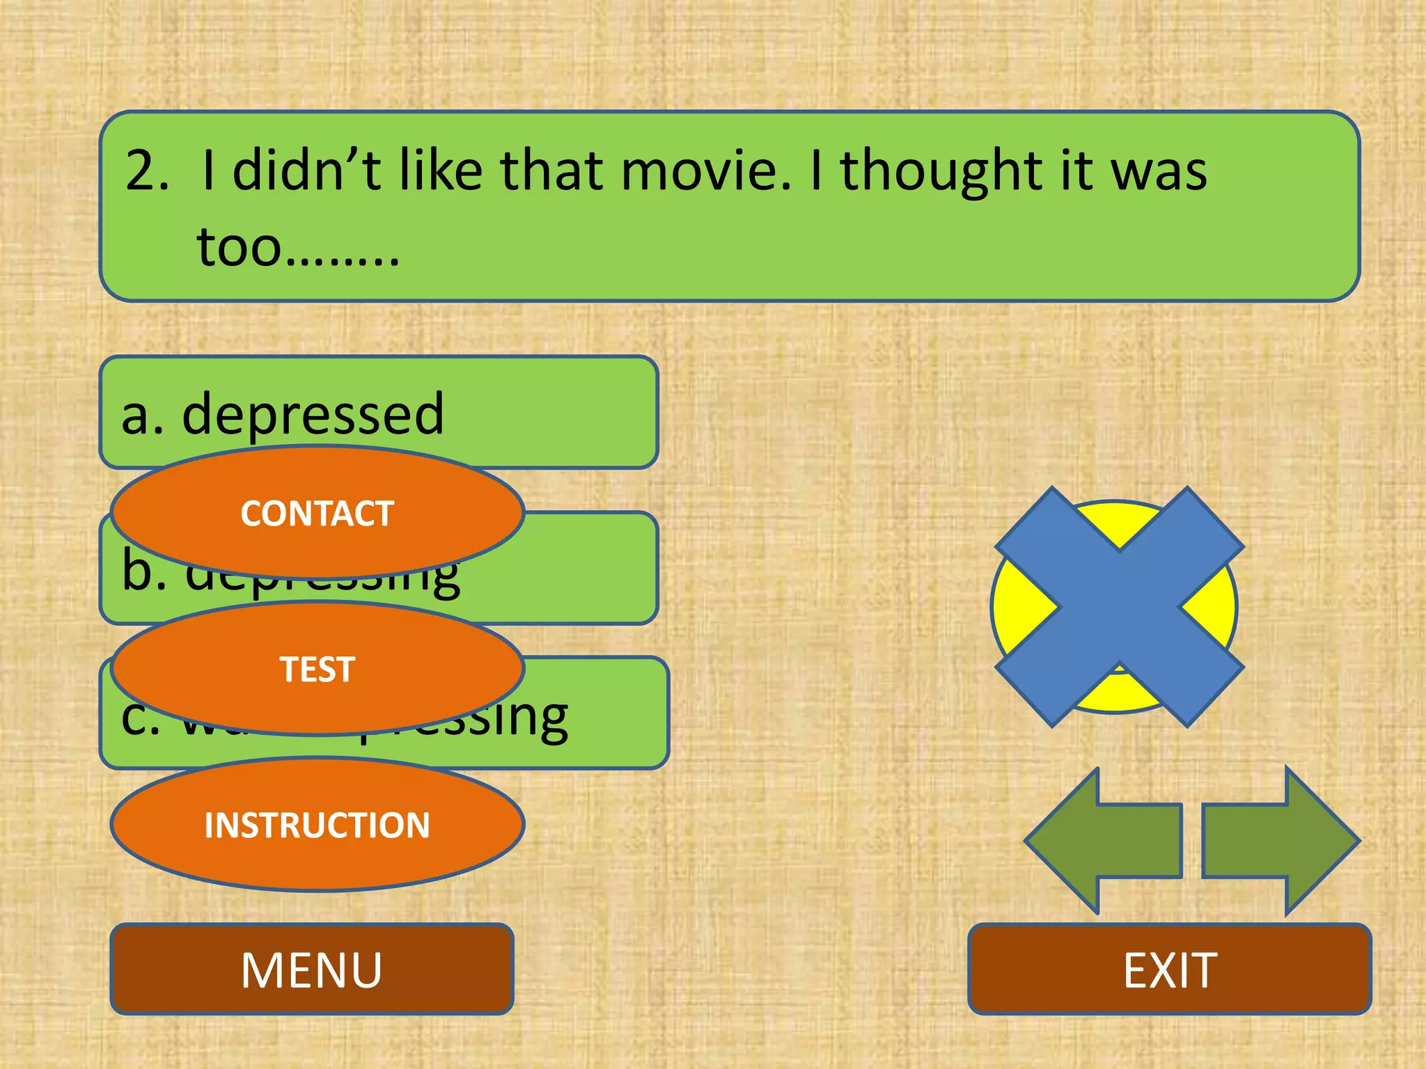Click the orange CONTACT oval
tap(317, 513)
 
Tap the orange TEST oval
tap(317, 669)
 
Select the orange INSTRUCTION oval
tap(317, 825)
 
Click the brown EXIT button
tap(1169, 969)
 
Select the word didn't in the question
tap(306, 171)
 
